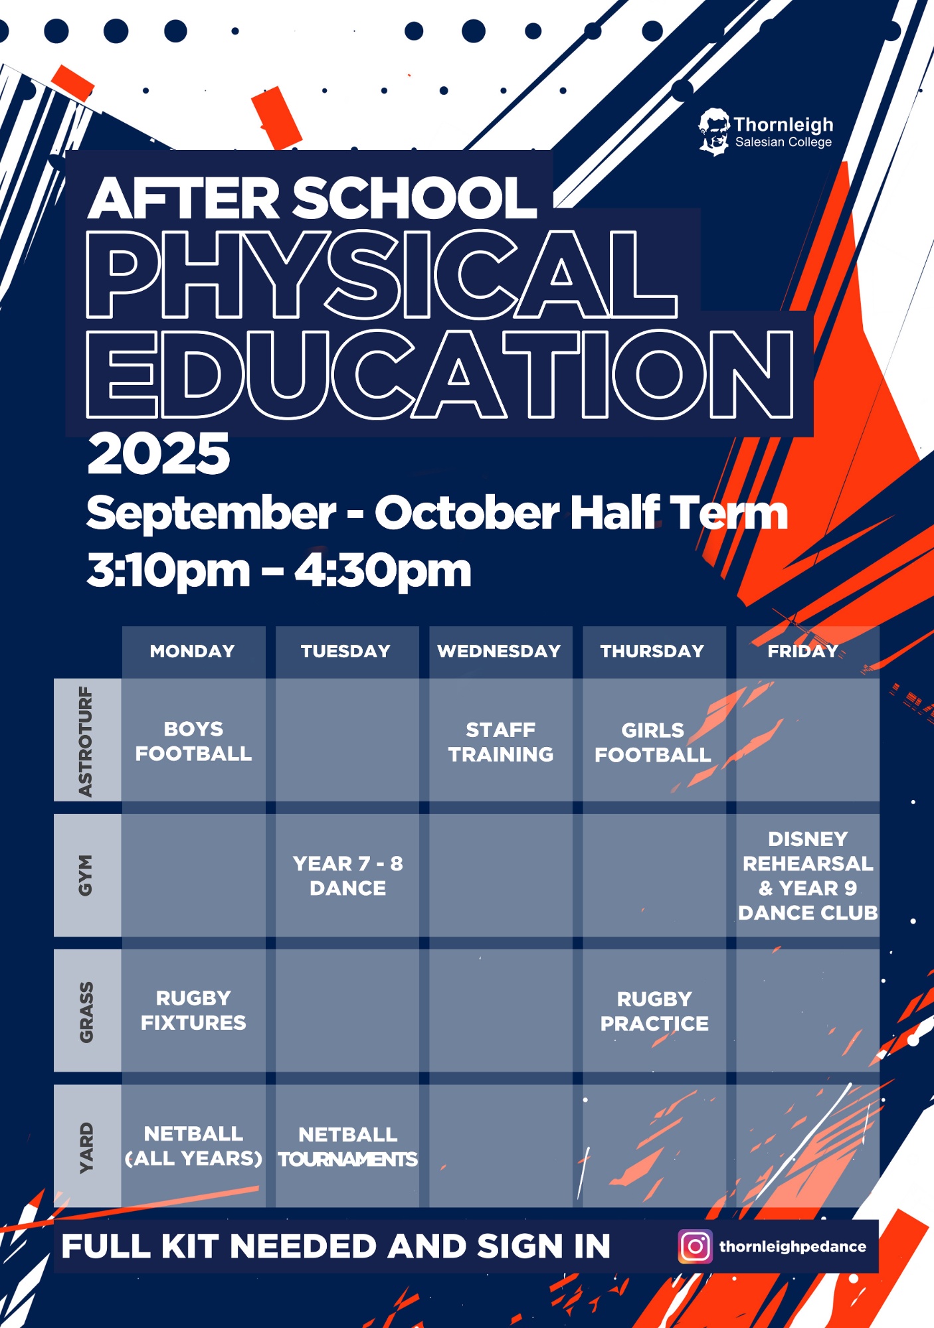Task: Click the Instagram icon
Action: [x=695, y=1246]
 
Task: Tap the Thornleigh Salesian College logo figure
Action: [x=714, y=132]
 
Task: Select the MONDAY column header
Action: [x=193, y=651]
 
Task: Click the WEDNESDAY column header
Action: [x=500, y=651]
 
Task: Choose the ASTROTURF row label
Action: [x=86, y=740]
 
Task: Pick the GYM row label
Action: [x=86, y=875]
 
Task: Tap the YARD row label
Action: [x=86, y=1147]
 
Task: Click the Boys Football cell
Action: [x=193, y=740]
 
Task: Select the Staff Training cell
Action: [x=501, y=740]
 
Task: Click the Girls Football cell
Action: [x=654, y=740]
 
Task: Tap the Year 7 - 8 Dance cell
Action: [x=347, y=875]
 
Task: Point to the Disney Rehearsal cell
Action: [x=808, y=875]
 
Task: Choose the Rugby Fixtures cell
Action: [x=193, y=1010]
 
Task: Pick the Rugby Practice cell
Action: [x=654, y=1010]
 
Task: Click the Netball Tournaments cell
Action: [x=347, y=1147]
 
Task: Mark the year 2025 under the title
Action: [x=159, y=454]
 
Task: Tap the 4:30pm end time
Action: [x=383, y=570]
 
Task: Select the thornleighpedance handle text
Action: [x=793, y=1247]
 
